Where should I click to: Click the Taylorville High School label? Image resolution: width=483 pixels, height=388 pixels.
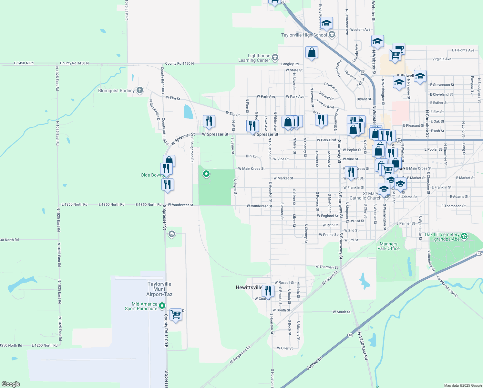coord(304,35)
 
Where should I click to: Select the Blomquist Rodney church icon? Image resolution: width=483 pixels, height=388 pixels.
coord(140,90)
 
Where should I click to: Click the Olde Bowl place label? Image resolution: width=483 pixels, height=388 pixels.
coord(150,175)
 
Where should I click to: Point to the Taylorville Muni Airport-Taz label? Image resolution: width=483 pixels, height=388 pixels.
coord(159,289)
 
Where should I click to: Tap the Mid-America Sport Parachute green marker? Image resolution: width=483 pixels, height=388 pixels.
coord(162,305)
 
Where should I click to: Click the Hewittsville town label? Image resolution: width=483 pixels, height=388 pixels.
coord(249,287)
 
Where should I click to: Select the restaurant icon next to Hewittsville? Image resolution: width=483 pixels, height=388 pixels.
coord(268,291)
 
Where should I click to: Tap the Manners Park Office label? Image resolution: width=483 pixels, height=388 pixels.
coord(388,246)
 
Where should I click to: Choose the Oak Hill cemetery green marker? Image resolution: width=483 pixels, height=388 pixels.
coord(464,236)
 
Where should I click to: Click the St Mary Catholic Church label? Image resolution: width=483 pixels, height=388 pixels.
coord(365,196)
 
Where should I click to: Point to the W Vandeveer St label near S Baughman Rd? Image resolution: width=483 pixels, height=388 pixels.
coord(180,205)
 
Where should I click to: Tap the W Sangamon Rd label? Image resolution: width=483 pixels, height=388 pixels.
coord(240,355)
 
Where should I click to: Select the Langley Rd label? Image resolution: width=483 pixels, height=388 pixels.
coord(290,64)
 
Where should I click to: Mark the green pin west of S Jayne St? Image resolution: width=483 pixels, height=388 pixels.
coord(206,174)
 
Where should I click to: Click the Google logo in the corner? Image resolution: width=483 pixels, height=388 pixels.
coord(11,384)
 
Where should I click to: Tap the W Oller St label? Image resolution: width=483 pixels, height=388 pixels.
coord(285,348)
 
